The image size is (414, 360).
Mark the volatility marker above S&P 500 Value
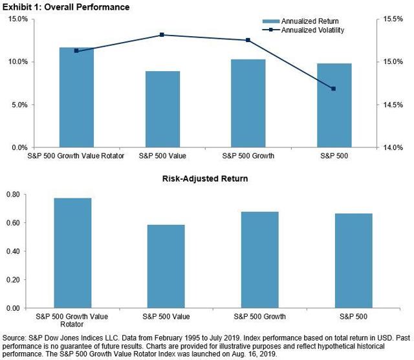[162, 35]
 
